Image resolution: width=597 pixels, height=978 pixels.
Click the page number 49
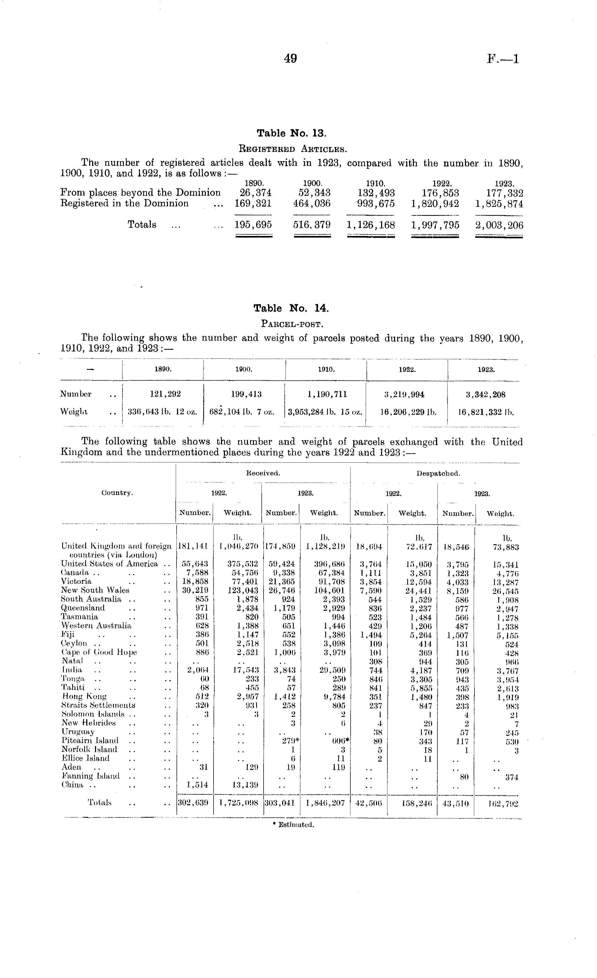tap(291, 59)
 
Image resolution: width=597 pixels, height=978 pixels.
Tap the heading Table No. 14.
tap(291, 308)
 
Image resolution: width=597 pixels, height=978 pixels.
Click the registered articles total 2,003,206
tap(499, 225)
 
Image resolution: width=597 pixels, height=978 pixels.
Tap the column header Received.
tap(263, 473)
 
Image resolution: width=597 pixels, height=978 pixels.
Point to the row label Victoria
tap(76, 581)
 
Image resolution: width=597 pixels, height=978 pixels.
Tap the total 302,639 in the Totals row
tap(194, 803)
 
